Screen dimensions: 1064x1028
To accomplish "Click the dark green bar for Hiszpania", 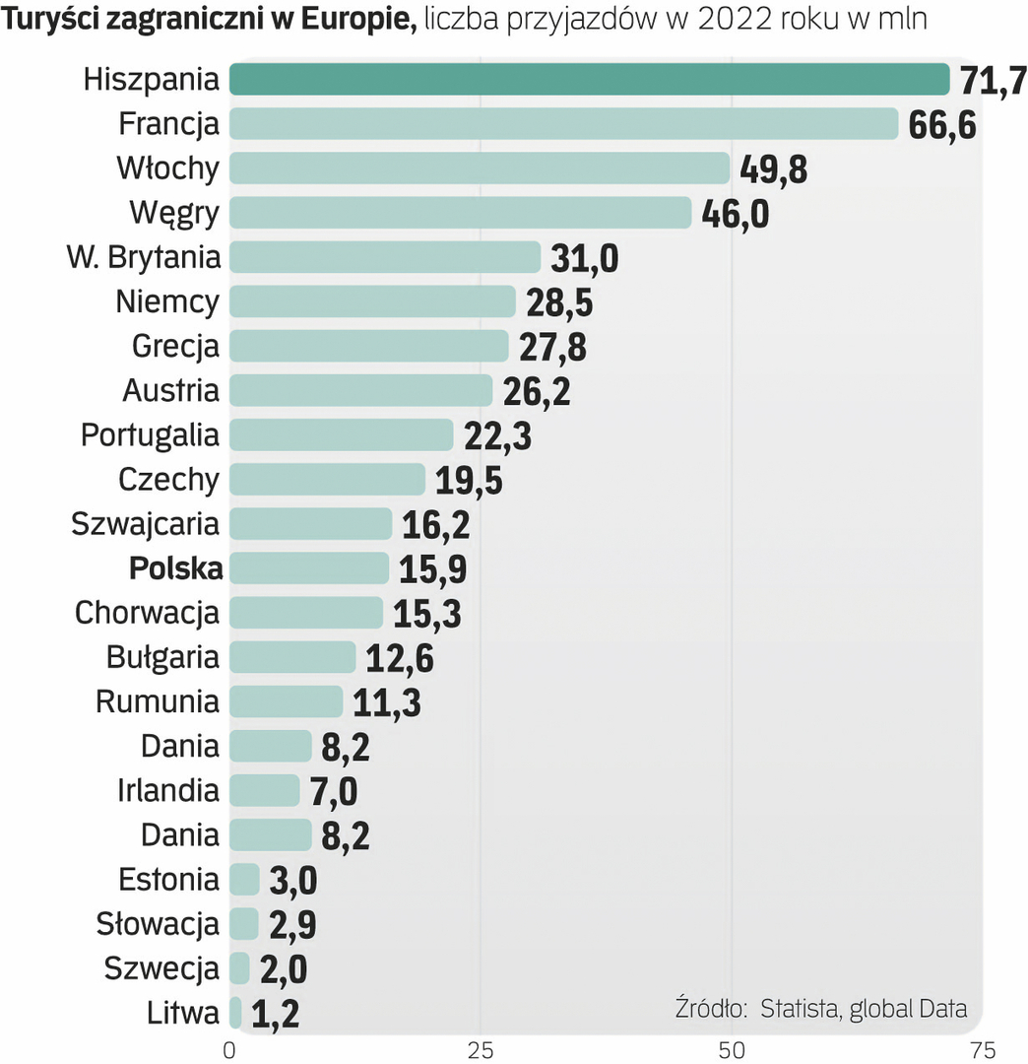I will click(589, 79).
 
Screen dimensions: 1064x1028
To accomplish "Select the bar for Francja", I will click(563, 124).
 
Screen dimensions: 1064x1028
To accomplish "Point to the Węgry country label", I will click(173, 213).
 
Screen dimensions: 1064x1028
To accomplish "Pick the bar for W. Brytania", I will click(384, 257).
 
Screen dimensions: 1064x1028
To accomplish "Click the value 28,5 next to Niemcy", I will click(559, 302).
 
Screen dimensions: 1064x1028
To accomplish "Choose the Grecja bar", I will click(368, 347).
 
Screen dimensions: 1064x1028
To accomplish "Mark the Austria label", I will click(170, 390).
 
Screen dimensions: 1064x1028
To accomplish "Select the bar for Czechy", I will click(327, 480).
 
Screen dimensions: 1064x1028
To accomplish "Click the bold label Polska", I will click(175, 567).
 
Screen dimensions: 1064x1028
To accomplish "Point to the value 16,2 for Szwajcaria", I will click(435, 524).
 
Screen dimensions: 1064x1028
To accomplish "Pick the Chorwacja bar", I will click(305, 613).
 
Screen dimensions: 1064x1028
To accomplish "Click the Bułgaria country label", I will click(162, 656).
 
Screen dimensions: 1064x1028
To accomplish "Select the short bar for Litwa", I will click(235, 1012).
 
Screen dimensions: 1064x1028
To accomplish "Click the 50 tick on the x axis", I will click(731, 1049).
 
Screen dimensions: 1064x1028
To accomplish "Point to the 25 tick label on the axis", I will click(480, 1049).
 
